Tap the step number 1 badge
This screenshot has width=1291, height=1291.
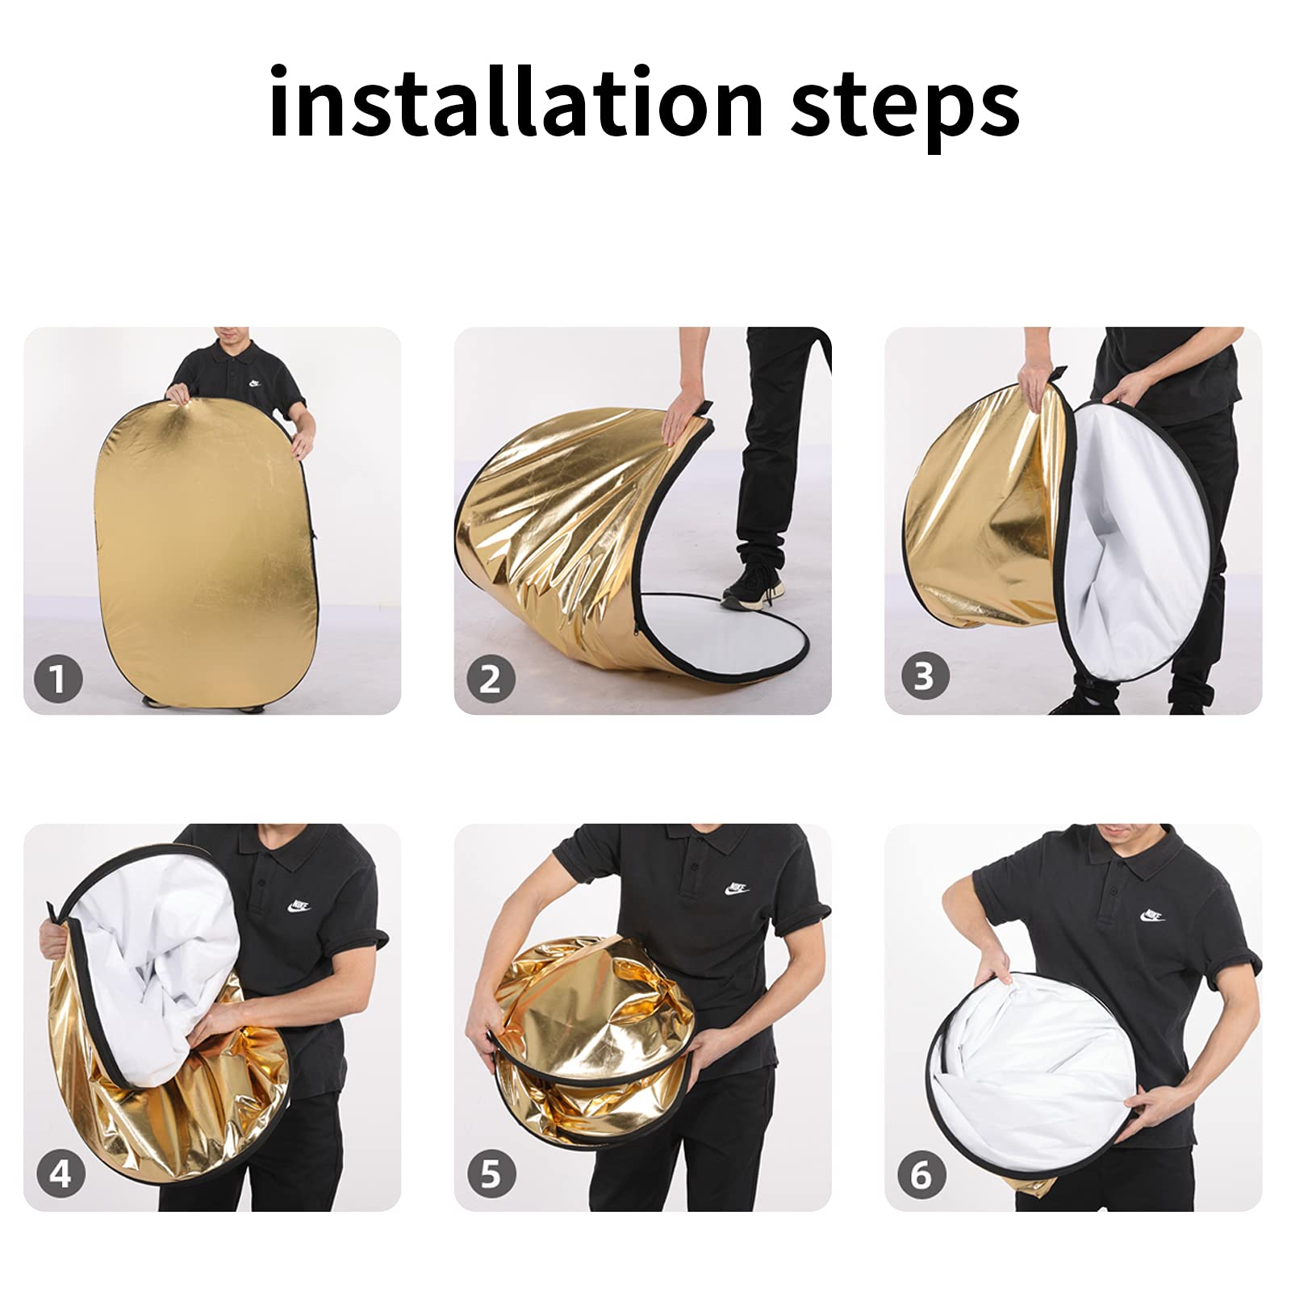pos(58,679)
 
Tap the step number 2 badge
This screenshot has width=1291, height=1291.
pos(491,679)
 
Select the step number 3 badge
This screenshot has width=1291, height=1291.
pos(923,676)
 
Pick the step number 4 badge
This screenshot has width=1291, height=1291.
pos(61,1173)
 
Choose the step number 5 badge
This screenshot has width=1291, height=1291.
pos(491,1173)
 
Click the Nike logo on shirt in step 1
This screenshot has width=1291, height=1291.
pos(255,385)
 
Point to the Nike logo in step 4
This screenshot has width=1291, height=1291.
pos(299,905)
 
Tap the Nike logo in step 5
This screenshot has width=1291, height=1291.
pos(737,889)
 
